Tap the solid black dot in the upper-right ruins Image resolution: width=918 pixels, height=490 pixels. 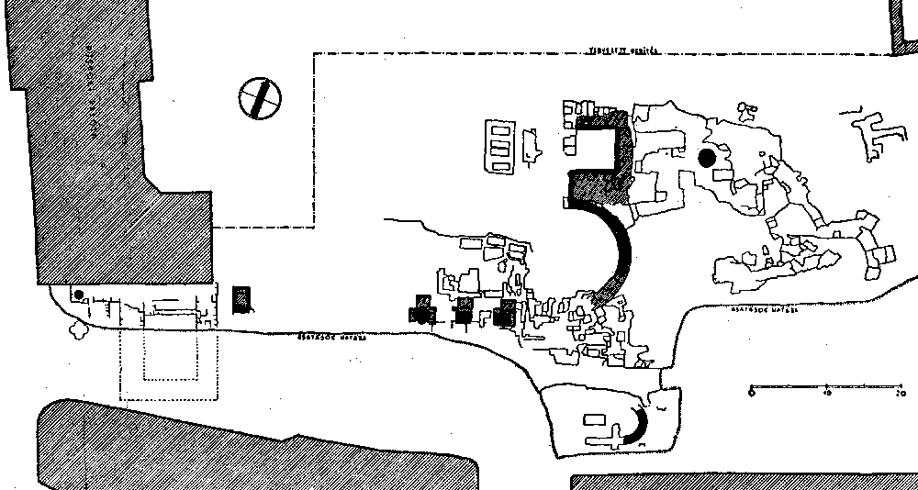tap(706, 158)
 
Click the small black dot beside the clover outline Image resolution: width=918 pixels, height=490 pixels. tap(79, 295)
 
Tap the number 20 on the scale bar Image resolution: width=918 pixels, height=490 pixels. tap(900, 393)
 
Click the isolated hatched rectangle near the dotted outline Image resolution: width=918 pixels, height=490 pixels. tap(241, 299)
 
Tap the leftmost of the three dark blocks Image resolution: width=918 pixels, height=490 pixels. tap(423, 310)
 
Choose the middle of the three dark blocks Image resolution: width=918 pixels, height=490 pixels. tap(465, 311)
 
